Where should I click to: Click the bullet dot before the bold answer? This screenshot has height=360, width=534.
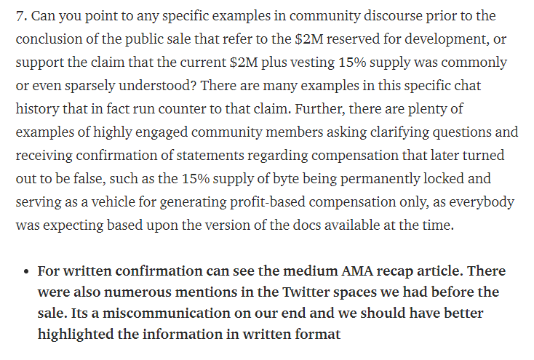click(26, 271)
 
